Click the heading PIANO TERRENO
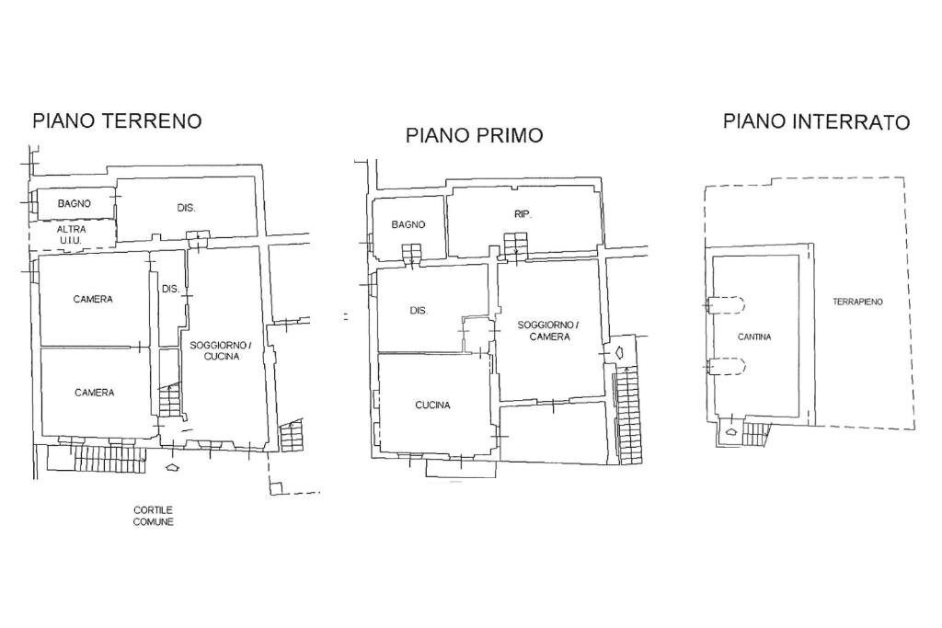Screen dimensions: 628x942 point(117,120)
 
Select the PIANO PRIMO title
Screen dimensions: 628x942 point(474,135)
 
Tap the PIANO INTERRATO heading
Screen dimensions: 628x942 point(816,121)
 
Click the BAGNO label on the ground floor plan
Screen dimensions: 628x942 point(75,203)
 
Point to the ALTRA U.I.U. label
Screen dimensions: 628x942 point(71,234)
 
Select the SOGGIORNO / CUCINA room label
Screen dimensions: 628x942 point(221,350)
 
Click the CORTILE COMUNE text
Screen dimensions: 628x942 point(153,516)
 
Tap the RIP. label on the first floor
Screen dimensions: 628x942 point(523,213)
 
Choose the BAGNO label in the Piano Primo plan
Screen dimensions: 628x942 point(408,224)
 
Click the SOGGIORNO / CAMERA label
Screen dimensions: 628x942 point(549,331)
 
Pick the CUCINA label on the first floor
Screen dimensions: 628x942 point(432,405)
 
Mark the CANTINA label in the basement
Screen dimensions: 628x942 point(754,337)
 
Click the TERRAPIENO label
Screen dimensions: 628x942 point(857,302)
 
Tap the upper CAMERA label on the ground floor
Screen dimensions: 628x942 point(94,299)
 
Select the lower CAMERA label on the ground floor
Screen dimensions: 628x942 point(94,393)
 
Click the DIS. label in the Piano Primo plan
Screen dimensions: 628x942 point(419,311)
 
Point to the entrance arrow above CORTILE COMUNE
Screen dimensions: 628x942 point(172,468)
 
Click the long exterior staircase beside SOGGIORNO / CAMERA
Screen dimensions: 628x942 point(627,414)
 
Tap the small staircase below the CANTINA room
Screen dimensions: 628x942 point(754,432)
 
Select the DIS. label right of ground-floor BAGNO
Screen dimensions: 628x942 point(187,208)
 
